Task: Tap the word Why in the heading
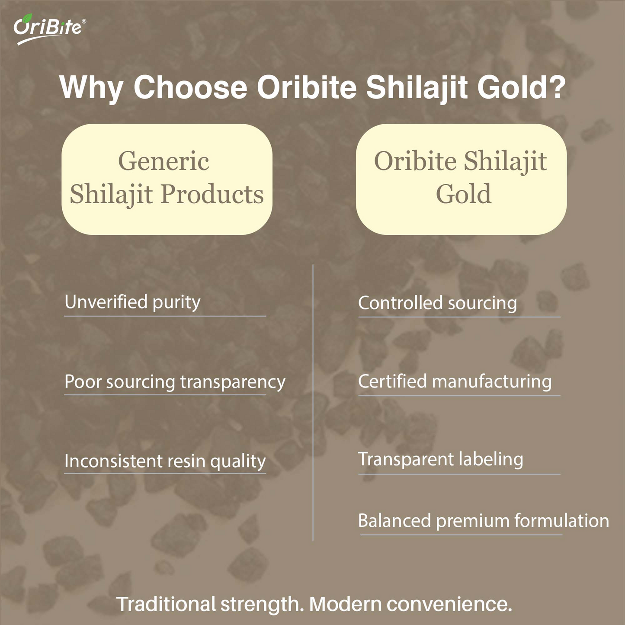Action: (x=91, y=88)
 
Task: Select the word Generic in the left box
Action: (x=163, y=161)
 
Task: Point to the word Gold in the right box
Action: (x=463, y=194)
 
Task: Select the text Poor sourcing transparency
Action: (x=175, y=382)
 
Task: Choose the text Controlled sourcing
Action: (x=437, y=303)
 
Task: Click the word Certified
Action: (x=392, y=381)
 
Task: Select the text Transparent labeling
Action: (x=440, y=459)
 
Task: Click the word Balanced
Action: (x=394, y=521)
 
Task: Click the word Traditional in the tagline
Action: (x=166, y=604)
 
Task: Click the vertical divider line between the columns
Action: (x=313, y=402)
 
